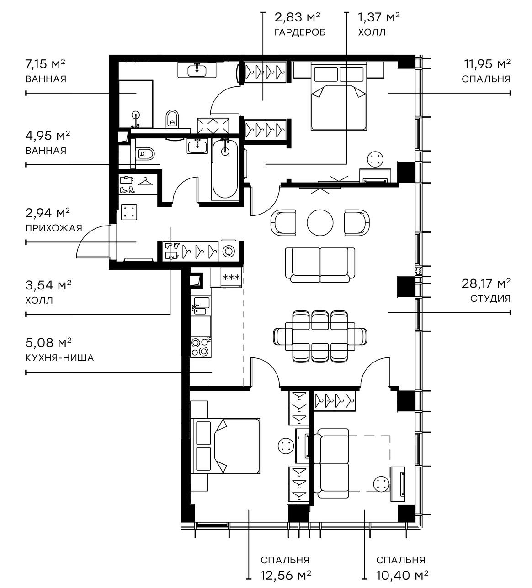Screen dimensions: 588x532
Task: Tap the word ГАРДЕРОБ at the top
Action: click(x=300, y=32)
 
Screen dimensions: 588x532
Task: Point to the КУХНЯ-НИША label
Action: click(x=59, y=357)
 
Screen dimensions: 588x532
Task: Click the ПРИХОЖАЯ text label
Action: click(x=53, y=228)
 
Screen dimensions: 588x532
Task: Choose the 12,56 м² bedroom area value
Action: click(x=285, y=574)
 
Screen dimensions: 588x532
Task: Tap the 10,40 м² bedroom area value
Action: click(x=402, y=574)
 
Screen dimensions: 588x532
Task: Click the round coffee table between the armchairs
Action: click(x=320, y=222)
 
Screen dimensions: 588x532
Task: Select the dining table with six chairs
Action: click(x=320, y=336)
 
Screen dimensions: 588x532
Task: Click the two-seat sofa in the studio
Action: click(x=320, y=264)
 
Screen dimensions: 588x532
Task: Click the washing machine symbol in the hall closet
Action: click(x=228, y=251)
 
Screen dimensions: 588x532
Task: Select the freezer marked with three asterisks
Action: click(x=230, y=278)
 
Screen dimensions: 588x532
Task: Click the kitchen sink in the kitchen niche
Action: click(x=201, y=306)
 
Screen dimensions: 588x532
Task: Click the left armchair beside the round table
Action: click(x=283, y=222)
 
